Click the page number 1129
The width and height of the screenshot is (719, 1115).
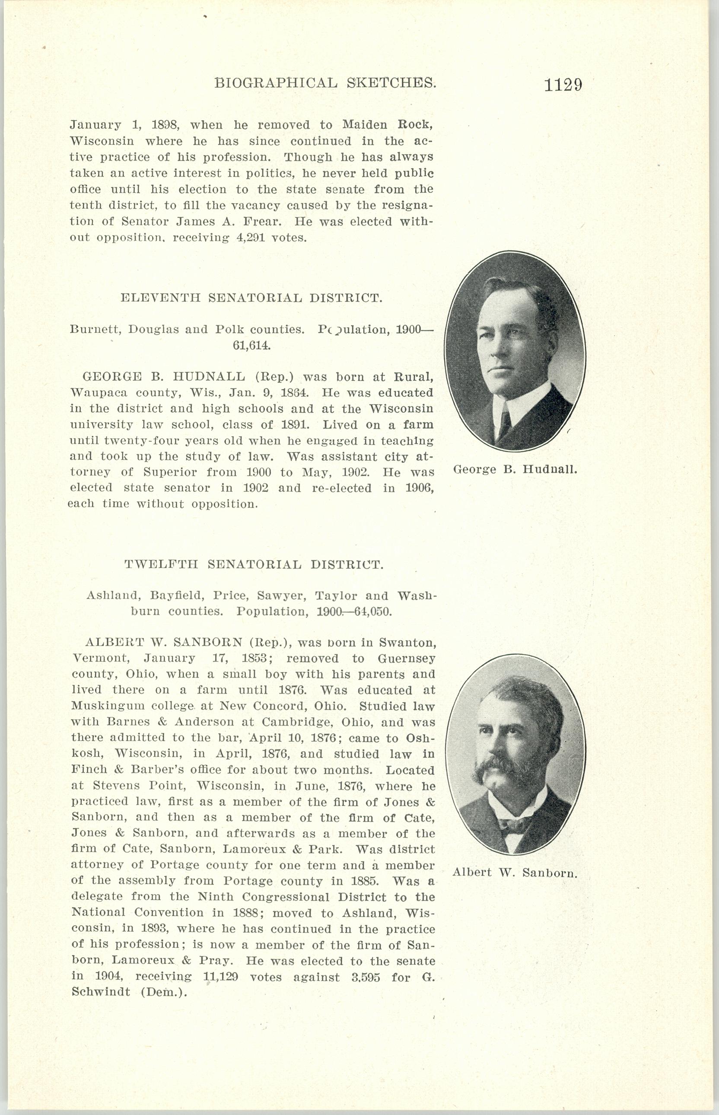coord(563,85)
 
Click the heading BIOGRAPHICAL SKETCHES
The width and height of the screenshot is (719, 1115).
coord(325,83)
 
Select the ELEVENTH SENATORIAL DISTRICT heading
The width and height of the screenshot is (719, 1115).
coord(251,297)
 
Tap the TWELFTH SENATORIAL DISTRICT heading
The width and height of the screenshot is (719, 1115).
coord(254,564)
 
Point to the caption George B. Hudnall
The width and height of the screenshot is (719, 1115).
coord(515,469)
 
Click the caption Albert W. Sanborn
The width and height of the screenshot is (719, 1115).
coord(515,872)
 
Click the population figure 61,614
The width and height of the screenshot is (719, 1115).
coord(251,346)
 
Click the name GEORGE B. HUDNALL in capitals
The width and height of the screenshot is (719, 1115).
coord(163,377)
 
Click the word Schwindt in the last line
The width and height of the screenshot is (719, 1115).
coord(100,992)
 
